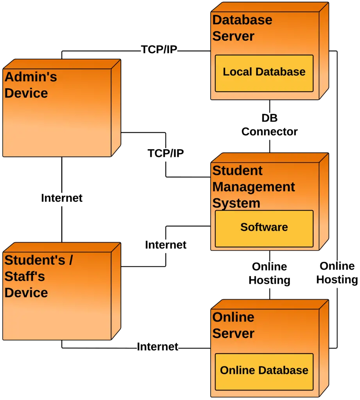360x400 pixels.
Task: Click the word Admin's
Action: [31, 77]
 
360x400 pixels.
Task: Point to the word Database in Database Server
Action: [242, 20]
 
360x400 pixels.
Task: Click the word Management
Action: [253, 187]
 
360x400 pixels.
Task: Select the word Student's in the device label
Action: [34, 260]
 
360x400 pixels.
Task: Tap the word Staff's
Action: [24, 277]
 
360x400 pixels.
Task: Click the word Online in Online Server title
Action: [233, 317]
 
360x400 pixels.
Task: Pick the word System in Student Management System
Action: [236, 203]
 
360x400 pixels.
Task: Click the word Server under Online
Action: [233, 333]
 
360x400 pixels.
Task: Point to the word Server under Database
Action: [233, 36]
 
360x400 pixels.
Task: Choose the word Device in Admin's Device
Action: [26, 93]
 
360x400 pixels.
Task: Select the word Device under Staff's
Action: [26, 293]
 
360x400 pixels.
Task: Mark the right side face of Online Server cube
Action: [324, 348]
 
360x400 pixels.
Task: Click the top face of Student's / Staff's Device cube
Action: [63, 247]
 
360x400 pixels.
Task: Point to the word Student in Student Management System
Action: [237, 171]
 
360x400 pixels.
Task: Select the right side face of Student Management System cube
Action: [324, 201]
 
